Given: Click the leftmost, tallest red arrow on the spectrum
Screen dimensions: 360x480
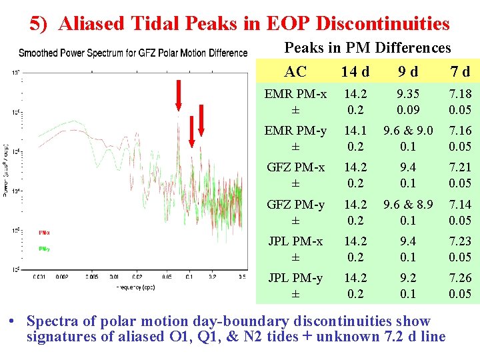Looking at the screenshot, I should point(178,95).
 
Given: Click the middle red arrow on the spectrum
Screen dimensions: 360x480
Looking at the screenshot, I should point(191,130).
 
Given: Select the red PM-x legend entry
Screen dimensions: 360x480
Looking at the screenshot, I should point(44,233).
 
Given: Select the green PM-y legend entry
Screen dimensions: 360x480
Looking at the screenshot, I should point(44,249).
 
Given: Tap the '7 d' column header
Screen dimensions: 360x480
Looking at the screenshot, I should point(459,71).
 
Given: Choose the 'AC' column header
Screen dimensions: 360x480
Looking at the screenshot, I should point(295,71).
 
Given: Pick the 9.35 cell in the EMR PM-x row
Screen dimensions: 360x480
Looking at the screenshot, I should point(408,94).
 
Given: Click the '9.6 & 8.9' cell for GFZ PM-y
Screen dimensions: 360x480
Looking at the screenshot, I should point(408,205).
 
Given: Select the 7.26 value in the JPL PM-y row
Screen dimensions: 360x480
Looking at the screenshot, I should point(460,278).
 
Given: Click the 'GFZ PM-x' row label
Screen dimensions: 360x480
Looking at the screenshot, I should point(295,167).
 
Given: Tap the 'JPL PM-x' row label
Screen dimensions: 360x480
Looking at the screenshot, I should point(295,241).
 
